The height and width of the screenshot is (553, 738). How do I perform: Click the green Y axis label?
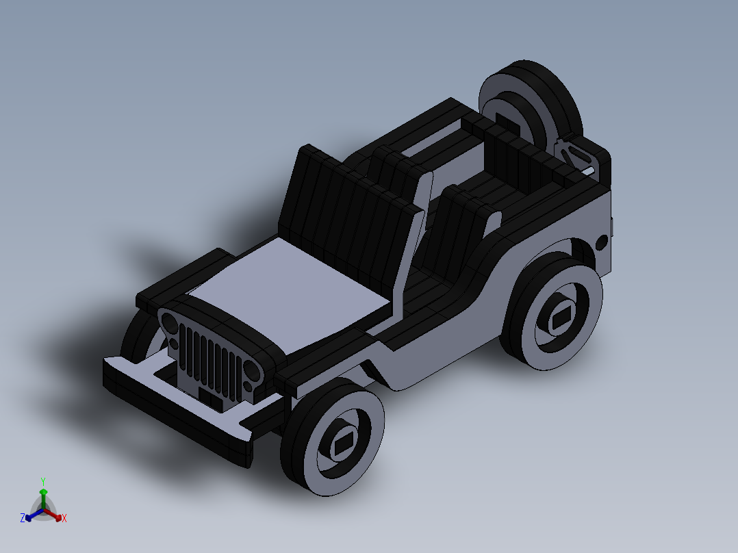(42, 480)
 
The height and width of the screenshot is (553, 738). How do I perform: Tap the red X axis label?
(64, 519)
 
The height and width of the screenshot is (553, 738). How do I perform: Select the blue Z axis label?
(23, 519)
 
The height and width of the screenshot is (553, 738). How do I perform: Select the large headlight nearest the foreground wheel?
(252, 372)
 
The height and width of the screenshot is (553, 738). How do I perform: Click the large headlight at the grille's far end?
(168, 320)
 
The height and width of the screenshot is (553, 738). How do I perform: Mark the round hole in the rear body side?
(601, 242)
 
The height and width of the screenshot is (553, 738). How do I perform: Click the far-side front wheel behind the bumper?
(140, 339)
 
